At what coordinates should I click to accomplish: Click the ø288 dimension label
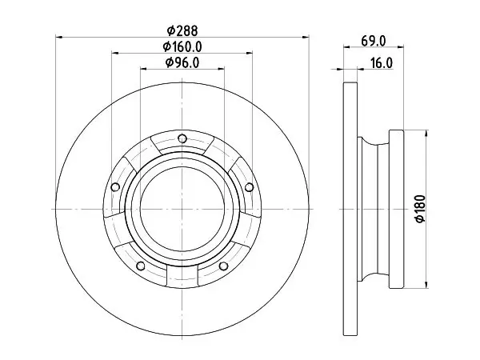pos(182,30)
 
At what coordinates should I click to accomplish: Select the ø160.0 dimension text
pos(182,47)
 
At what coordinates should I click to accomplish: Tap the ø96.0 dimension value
pos(182,62)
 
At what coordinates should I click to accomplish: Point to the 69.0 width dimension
pos(374,41)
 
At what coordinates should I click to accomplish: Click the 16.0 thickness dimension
pos(382,63)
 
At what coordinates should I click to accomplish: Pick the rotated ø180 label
pos(421,209)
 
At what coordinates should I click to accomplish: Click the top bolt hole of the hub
pos(182,138)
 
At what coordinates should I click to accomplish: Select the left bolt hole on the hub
pos(115,186)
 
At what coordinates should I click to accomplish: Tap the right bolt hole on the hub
pos(250,187)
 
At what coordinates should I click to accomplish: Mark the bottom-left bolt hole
pos(141,266)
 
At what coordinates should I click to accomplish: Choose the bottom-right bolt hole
pos(224,266)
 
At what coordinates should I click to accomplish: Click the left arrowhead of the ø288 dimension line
pos(59,37)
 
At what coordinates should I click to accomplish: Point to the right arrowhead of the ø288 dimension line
pos(306,37)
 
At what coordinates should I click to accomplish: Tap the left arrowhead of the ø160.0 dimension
pos(115,53)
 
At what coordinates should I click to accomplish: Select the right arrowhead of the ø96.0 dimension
pos(221,69)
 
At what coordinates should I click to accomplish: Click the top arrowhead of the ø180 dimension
pos(426,134)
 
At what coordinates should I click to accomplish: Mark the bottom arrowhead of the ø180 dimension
pos(426,284)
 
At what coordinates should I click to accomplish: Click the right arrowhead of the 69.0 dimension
pos(401,47)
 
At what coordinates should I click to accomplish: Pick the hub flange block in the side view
pos(397,209)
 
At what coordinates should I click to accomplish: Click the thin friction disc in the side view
pos(350,210)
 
